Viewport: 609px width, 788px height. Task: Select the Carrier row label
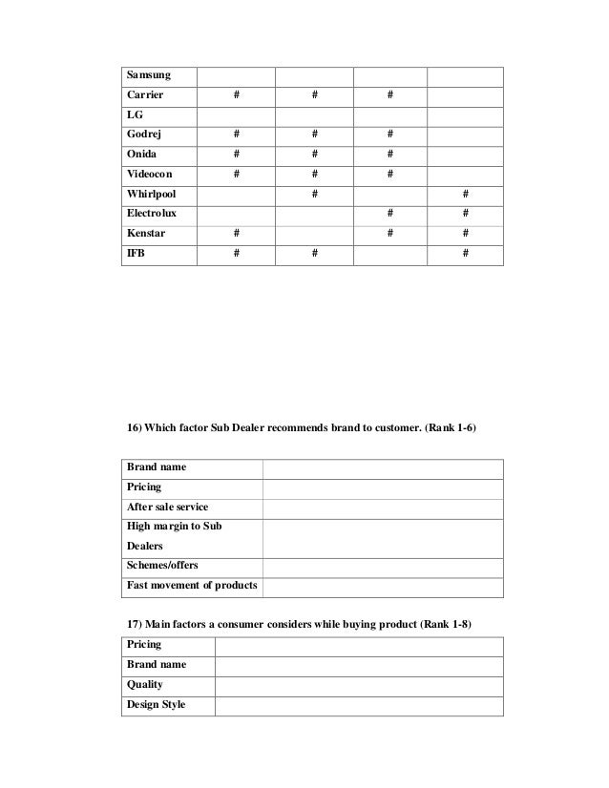pos(143,95)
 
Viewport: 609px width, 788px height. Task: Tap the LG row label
pos(135,115)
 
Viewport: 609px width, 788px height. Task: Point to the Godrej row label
pos(143,135)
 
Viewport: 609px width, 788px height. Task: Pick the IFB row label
pos(136,253)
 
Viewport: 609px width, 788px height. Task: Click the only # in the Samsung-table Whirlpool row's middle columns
pos(313,194)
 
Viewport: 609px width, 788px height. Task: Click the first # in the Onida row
pos(237,155)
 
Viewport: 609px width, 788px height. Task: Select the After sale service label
pos(167,507)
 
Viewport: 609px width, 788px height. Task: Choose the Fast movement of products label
pos(192,585)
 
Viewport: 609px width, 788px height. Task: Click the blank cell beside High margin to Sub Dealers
pos(383,536)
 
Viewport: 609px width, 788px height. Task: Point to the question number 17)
pos(136,625)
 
